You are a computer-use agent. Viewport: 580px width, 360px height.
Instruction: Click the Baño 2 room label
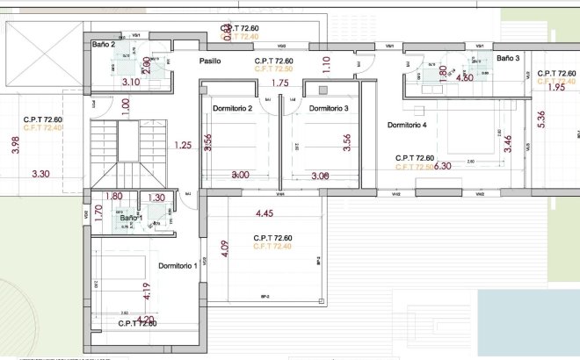pyautogui.click(x=103, y=44)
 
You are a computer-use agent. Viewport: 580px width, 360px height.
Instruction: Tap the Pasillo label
pyautogui.click(x=209, y=61)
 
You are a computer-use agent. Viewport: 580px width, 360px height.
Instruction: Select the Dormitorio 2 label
pyautogui.click(x=233, y=108)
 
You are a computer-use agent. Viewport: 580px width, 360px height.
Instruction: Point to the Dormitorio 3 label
pyautogui.click(x=329, y=108)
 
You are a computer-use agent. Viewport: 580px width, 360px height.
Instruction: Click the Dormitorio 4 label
pyautogui.click(x=407, y=126)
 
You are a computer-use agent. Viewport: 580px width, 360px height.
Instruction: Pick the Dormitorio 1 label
pyautogui.click(x=178, y=265)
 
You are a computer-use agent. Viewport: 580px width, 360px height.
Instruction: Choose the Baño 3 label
pyautogui.click(x=508, y=58)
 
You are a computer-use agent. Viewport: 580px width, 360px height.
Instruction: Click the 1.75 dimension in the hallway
pyautogui.click(x=280, y=83)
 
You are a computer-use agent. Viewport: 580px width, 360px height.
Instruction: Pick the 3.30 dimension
pyautogui.click(x=41, y=175)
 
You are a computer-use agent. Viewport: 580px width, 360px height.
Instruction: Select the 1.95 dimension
pyautogui.click(x=555, y=88)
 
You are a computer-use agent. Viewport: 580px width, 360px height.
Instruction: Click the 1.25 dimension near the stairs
pyautogui.click(x=183, y=145)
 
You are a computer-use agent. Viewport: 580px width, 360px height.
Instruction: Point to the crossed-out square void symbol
pyautogui.click(x=44, y=54)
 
